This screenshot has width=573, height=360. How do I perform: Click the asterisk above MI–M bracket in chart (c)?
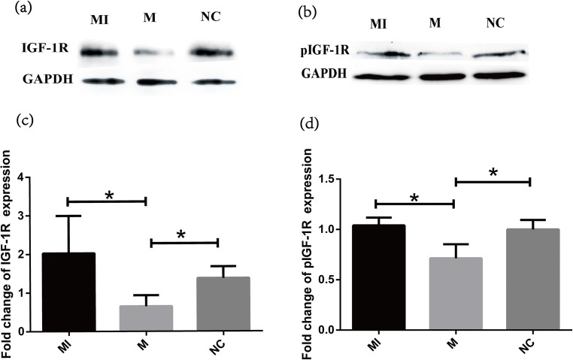109,195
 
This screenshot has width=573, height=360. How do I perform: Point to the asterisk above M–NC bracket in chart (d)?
493,173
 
